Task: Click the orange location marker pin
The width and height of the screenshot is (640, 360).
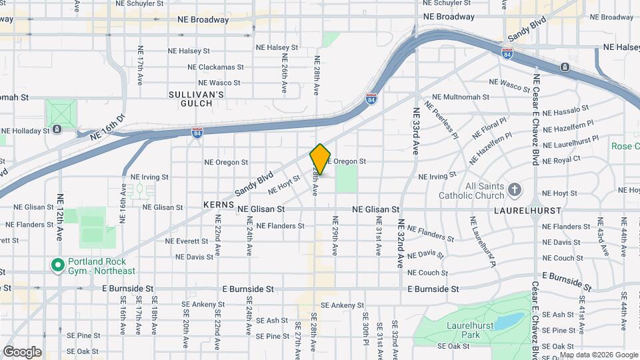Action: pos(320,159)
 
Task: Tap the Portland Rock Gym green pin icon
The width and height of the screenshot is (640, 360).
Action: pos(58,266)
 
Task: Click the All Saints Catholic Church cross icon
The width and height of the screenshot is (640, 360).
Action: pos(514,190)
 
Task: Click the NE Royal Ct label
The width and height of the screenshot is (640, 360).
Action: pos(561,160)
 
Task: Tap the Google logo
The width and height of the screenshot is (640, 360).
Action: pos(22,351)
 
